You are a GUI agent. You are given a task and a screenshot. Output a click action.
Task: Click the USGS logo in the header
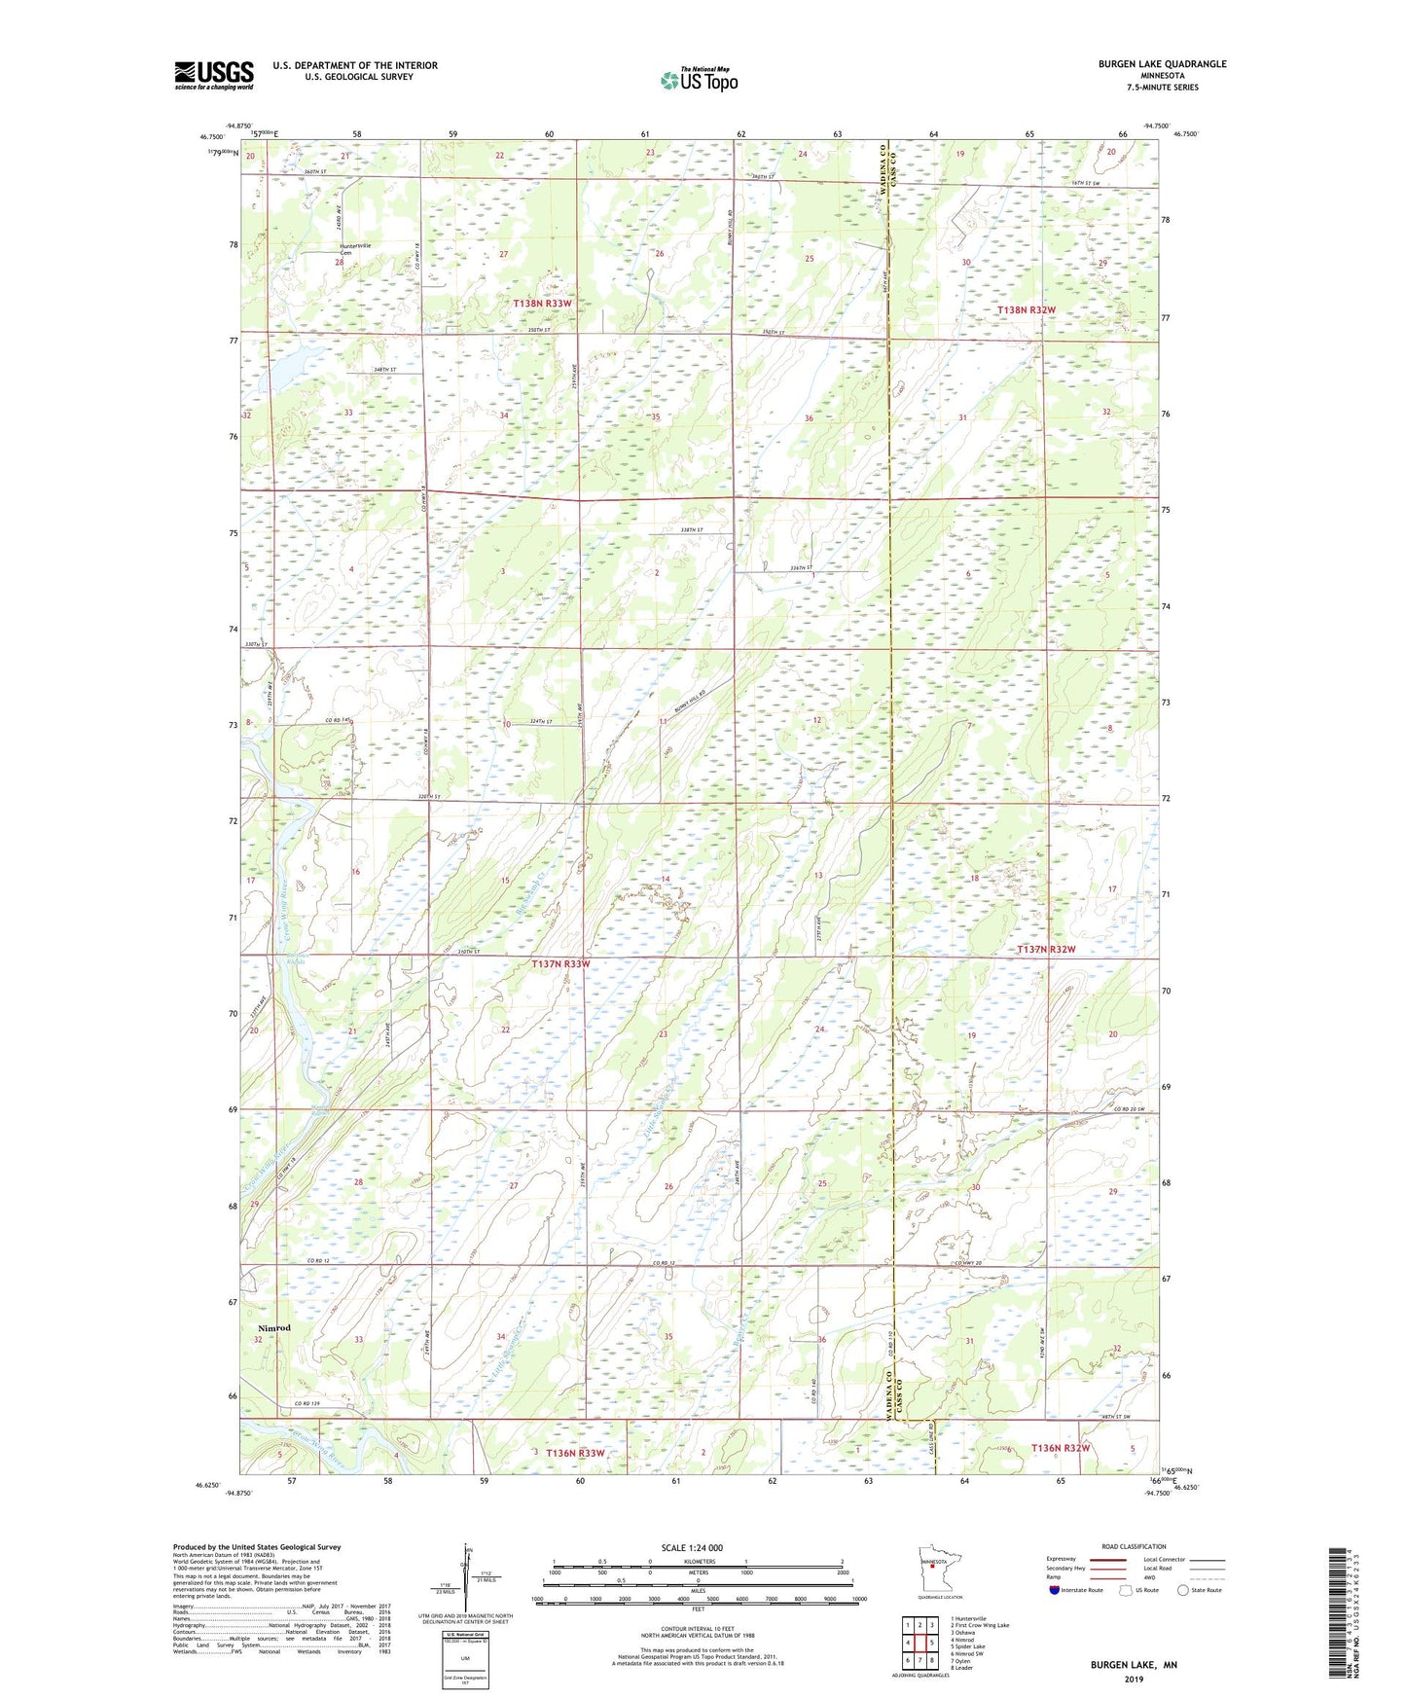click(x=214, y=75)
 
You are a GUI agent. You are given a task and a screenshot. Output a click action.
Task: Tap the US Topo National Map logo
click(x=698, y=80)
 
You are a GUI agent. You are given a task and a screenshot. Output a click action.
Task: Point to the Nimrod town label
click(x=273, y=1328)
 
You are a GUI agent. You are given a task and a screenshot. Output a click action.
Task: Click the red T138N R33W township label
click(x=542, y=304)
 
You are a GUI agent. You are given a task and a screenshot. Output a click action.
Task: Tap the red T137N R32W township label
click(x=1046, y=949)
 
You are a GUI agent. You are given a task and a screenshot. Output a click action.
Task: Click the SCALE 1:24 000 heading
click(x=691, y=1548)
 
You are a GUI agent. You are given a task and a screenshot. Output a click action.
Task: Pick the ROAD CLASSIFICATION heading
click(x=1135, y=1546)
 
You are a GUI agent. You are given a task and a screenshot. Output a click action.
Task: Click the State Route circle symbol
click(x=1183, y=1590)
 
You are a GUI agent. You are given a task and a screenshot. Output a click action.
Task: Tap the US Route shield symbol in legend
click(x=1126, y=1590)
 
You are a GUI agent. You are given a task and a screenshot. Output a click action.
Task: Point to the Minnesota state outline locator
click(x=931, y=1567)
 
